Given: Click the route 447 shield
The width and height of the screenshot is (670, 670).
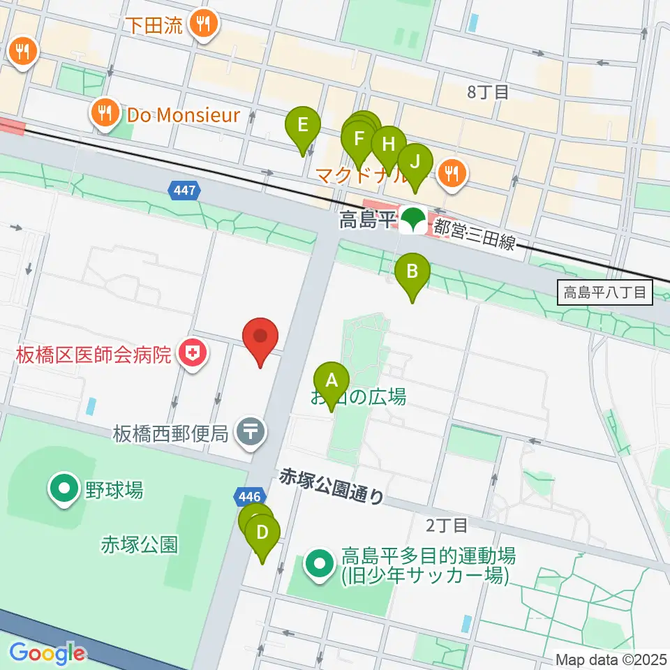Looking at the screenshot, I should (185, 189).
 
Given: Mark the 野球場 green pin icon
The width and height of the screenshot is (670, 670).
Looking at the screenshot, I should (64, 489).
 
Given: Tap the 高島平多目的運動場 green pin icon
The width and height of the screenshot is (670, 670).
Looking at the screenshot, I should (320, 565).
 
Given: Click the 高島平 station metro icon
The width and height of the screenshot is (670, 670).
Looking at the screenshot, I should (413, 221).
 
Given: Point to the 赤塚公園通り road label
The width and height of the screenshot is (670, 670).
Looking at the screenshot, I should (331, 487).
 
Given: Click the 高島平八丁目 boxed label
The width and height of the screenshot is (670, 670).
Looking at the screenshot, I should (606, 292).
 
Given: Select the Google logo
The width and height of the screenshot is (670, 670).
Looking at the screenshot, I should (47, 653).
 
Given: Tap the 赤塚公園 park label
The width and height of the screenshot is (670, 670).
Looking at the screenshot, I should (140, 544).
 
